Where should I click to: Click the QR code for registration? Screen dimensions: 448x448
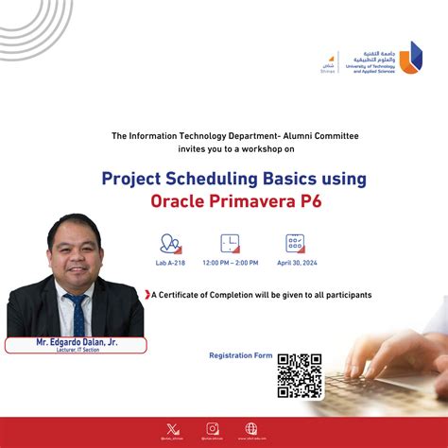tap(300, 375)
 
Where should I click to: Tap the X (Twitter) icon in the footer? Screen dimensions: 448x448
tap(170, 427)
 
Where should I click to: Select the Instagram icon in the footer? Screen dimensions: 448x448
tap(213, 427)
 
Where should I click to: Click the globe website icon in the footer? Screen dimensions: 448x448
tap(251, 427)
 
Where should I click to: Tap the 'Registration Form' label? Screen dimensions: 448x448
tap(239, 356)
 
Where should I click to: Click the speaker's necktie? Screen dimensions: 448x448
tap(76, 313)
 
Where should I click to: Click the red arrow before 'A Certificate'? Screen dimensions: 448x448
tap(147, 295)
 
